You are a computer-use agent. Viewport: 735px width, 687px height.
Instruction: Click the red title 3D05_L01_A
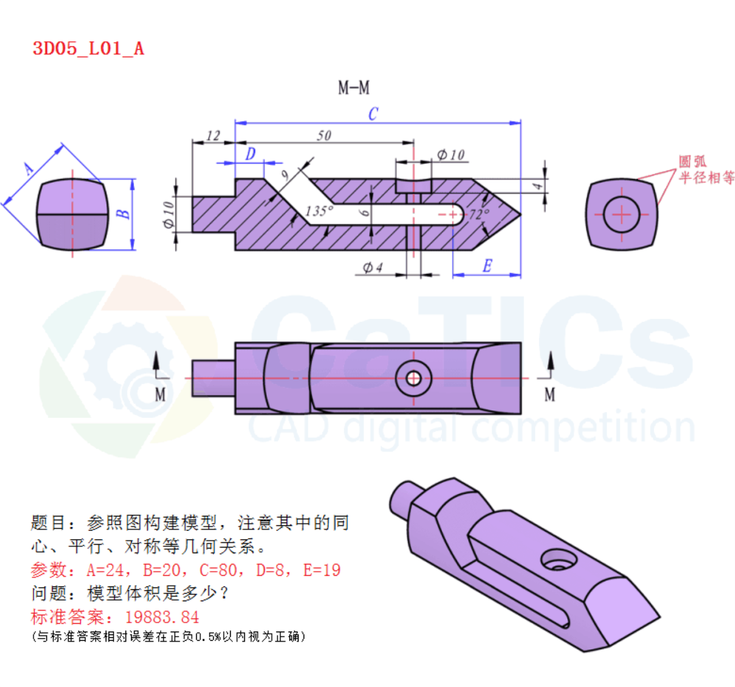(88, 49)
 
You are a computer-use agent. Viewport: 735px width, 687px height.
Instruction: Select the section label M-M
(353, 88)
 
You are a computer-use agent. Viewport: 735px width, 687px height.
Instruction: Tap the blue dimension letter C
(373, 114)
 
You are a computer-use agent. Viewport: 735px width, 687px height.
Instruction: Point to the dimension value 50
(324, 136)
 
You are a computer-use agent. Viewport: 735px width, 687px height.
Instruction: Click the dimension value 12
(213, 136)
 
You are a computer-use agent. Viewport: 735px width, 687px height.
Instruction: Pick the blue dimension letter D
(250, 154)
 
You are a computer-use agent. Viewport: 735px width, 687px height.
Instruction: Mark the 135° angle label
(319, 211)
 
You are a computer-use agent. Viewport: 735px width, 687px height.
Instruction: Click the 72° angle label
(479, 214)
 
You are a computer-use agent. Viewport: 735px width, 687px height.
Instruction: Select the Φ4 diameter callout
(373, 267)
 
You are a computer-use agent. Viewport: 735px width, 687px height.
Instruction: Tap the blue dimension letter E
(487, 266)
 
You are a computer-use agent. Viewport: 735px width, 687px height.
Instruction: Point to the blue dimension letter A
(29, 169)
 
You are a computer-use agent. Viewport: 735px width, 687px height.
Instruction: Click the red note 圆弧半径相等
(706, 170)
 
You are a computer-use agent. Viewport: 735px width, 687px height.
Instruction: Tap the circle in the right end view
(621, 214)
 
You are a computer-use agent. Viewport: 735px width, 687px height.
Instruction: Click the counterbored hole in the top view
(413, 379)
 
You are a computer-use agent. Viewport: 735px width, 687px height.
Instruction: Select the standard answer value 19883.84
(162, 618)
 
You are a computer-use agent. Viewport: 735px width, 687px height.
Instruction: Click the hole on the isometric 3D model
(559, 559)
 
